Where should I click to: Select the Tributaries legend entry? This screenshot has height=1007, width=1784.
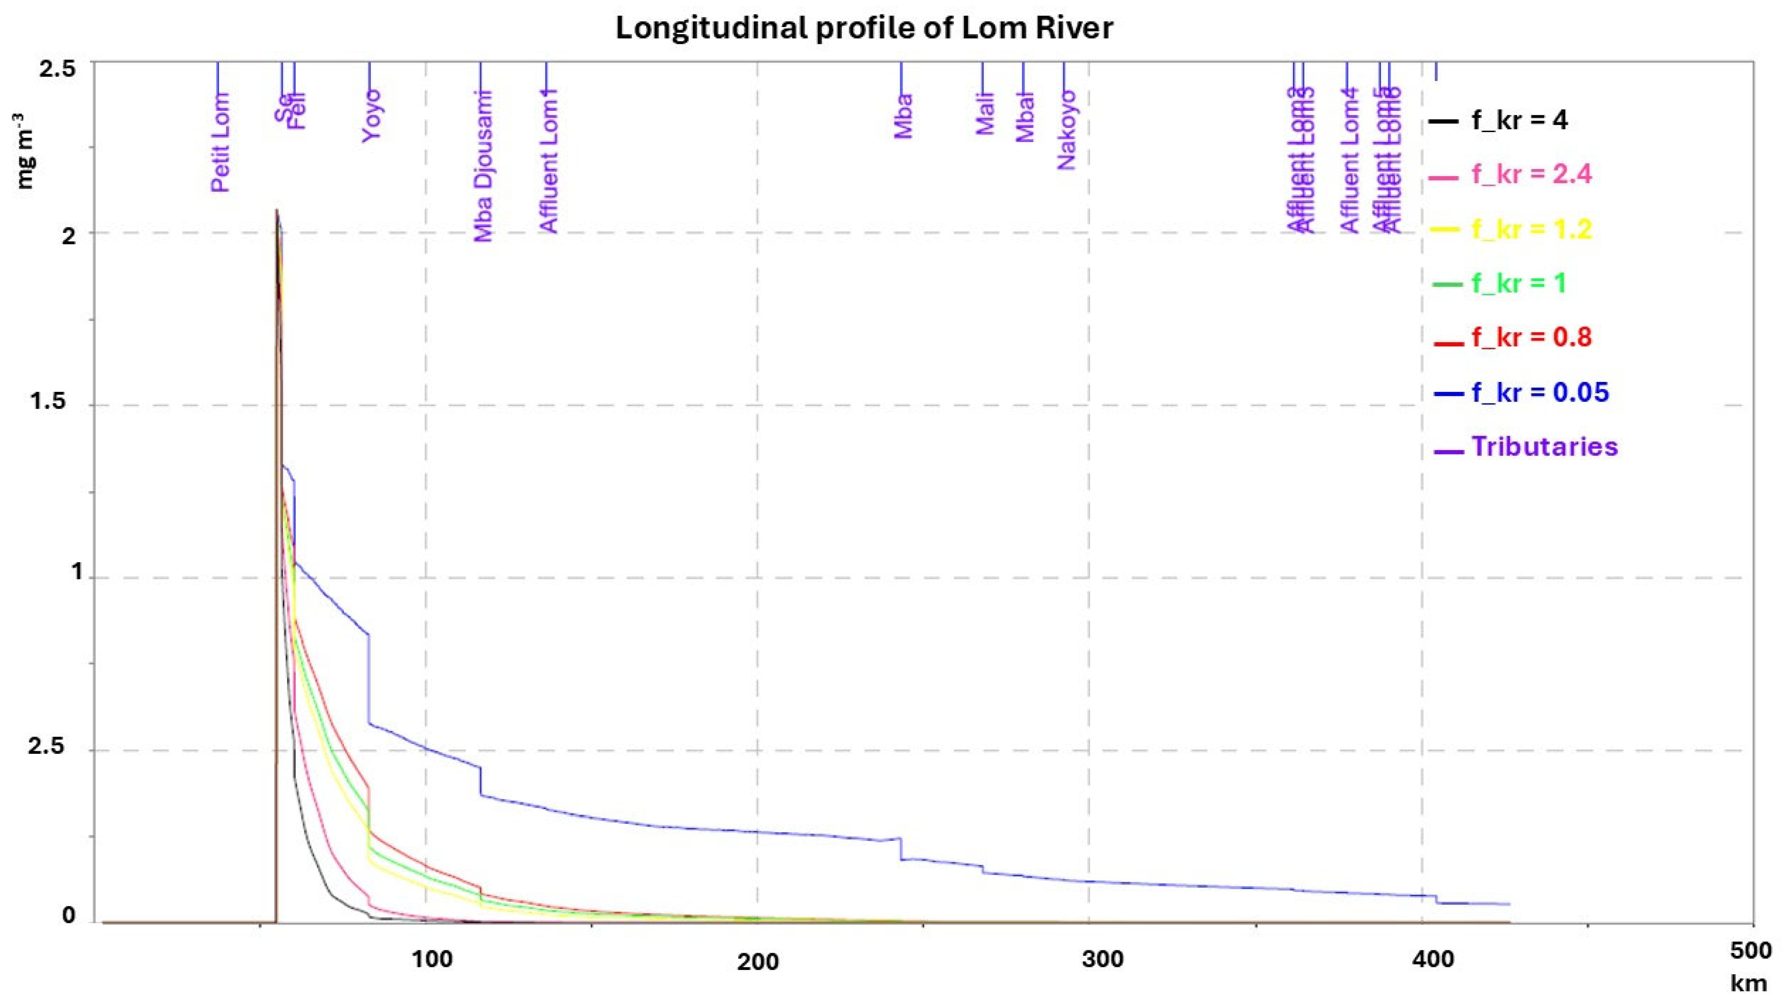1544,446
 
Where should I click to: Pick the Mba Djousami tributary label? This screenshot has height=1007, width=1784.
483,166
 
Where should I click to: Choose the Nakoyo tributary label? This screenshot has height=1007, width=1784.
1067,130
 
